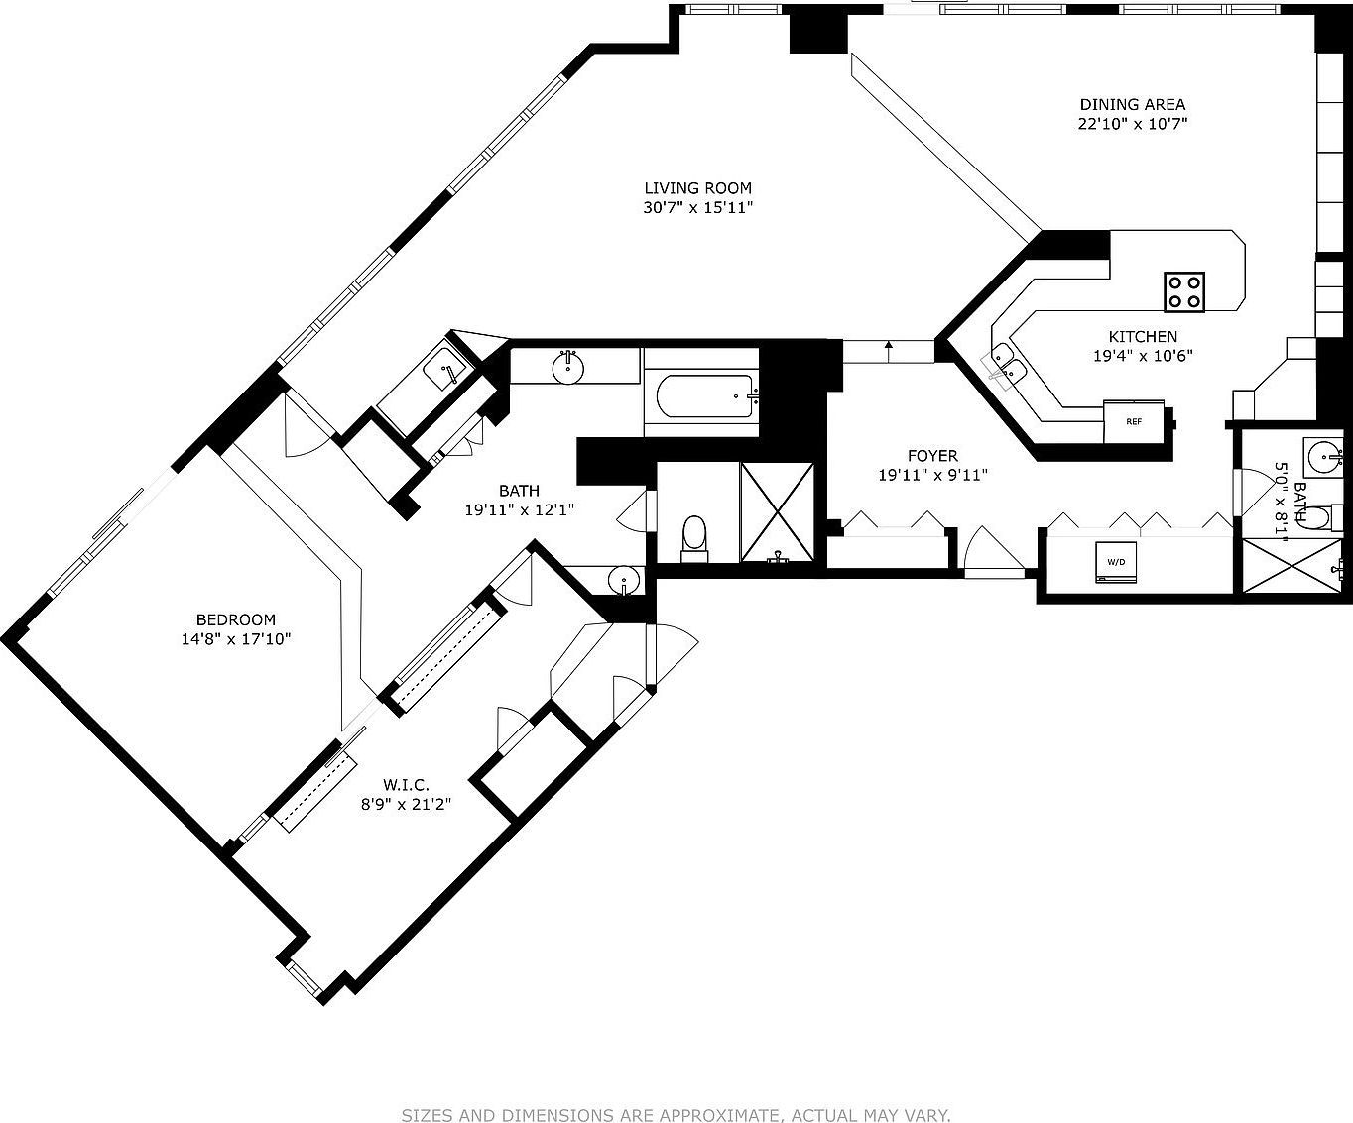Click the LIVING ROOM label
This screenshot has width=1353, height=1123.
(697, 188)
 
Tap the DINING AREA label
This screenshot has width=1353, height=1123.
(1132, 104)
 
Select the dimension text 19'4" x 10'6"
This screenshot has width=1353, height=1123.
(1143, 356)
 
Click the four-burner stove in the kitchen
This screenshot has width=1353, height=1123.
(1184, 291)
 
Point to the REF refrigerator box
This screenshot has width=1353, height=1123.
(1134, 421)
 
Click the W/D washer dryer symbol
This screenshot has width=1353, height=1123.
(1116, 562)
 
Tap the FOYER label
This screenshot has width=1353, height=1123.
(932, 456)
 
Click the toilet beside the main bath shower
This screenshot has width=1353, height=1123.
(694, 539)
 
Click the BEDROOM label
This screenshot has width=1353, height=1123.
(236, 619)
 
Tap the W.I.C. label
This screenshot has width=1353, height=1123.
(407, 785)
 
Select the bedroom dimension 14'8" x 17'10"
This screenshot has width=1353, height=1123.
(236, 639)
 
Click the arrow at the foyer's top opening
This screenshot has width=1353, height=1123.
(889, 352)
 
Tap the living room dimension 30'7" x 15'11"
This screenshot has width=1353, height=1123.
(698, 208)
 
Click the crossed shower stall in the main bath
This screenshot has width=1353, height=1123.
(777, 512)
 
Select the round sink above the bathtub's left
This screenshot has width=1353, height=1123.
(568, 368)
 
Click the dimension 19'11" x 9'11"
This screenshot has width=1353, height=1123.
(932, 476)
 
